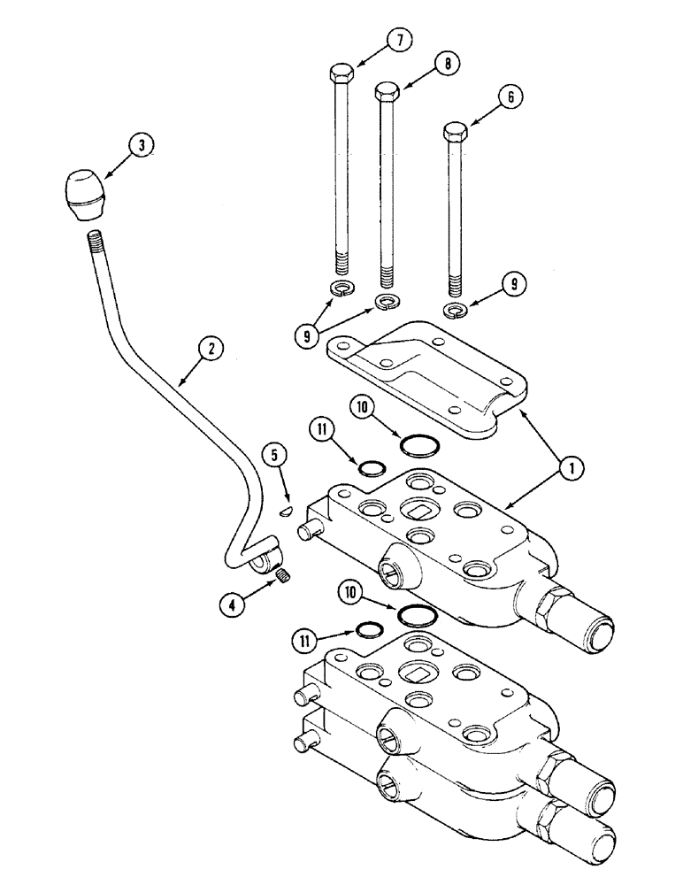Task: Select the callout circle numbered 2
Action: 209,350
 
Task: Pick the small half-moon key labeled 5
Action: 286,510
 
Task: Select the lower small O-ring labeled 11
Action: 368,629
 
